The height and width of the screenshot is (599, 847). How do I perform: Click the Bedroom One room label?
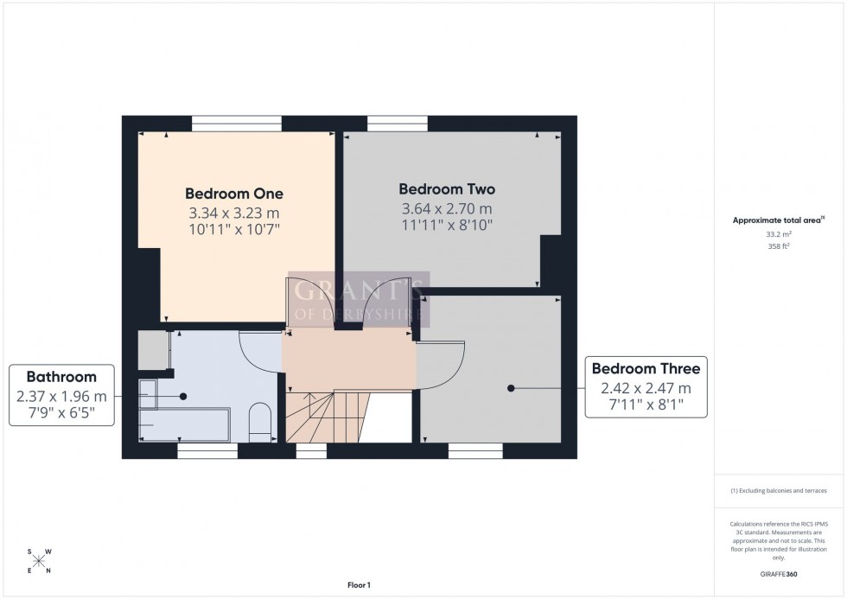coord(234,194)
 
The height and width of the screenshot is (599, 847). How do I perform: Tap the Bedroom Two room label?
coord(447,189)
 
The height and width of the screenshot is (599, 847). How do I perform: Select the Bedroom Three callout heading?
coord(646,369)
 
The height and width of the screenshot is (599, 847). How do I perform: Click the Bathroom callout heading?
coord(60,377)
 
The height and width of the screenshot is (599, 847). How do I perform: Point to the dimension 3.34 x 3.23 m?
coord(234,213)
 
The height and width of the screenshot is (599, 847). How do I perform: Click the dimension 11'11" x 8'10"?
coord(447,226)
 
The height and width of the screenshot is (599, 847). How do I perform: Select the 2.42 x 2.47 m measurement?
coord(646,388)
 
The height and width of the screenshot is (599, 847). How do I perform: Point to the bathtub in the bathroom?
coord(183,424)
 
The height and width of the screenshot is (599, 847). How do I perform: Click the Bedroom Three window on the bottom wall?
coord(475,449)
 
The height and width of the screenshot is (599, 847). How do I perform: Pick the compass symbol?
coord(39,560)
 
